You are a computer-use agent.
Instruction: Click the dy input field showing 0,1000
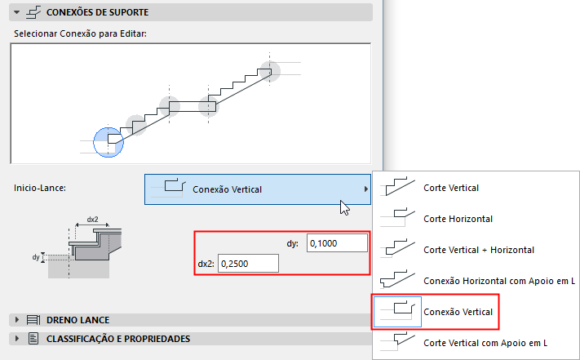[x=337, y=243]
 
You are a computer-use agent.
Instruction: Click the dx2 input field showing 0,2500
[x=247, y=264]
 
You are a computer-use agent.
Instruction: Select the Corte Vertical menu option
[x=450, y=188]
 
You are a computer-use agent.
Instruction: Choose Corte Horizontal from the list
[x=458, y=219]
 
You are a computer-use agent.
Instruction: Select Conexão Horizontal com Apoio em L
[x=499, y=280]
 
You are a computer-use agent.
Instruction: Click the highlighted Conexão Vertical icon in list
[x=397, y=311]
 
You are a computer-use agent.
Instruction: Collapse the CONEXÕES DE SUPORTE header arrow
[x=17, y=12]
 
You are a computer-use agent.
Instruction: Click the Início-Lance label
[x=40, y=189]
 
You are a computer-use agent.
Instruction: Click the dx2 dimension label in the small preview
[x=92, y=220]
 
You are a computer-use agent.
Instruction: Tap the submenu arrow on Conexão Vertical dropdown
[x=366, y=189]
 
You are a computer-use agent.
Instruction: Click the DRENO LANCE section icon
[x=33, y=320]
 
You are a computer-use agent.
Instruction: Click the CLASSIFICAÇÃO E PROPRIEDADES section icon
[x=33, y=338]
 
